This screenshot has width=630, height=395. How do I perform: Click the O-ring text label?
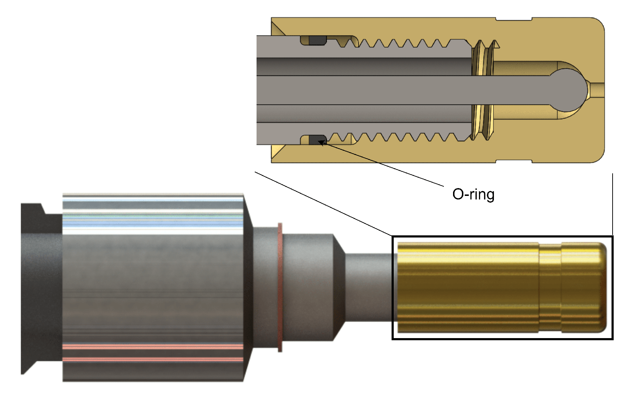click(473, 194)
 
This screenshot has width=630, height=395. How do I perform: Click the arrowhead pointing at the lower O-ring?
click(321, 143)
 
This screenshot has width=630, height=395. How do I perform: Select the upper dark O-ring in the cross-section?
click(317, 41)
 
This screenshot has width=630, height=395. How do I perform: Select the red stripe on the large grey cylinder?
click(153, 347)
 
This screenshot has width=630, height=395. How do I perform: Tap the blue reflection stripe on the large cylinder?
click(153, 222)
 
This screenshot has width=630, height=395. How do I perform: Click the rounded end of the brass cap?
click(601, 287)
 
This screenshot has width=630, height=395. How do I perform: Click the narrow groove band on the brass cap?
click(550, 287)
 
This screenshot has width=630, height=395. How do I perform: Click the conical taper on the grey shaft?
click(339, 287)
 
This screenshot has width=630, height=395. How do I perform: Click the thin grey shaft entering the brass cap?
click(370, 287)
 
